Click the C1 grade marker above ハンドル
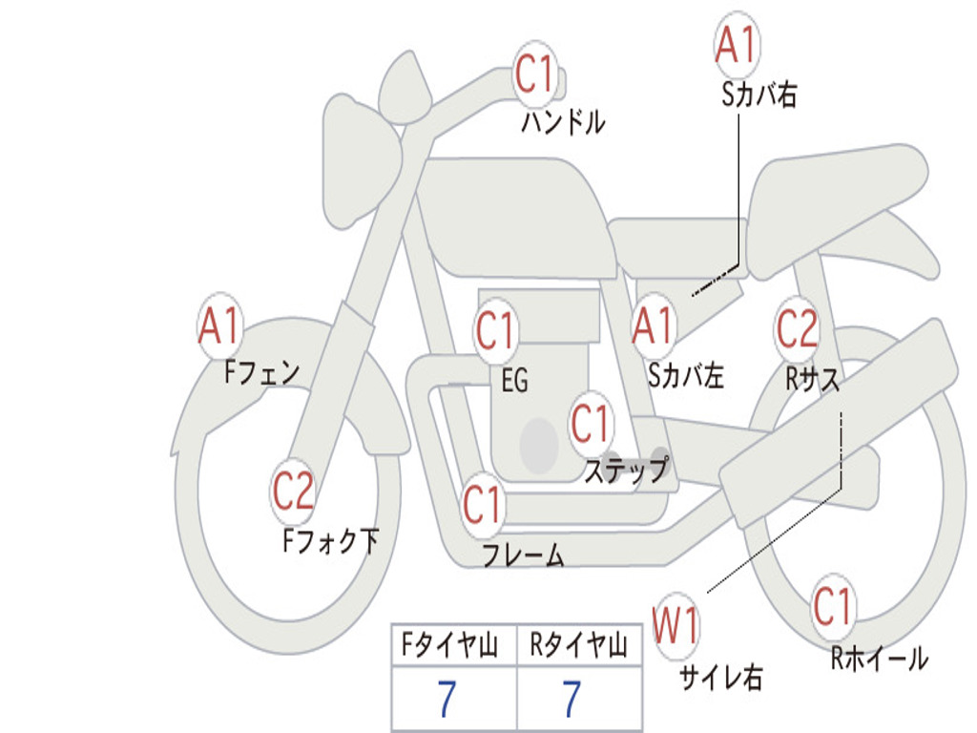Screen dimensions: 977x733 point(534,73)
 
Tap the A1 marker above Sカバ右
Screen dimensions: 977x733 point(737,44)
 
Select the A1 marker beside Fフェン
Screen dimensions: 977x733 point(219,325)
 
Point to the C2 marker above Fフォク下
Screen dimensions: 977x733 point(293,491)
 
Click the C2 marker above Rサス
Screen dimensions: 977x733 point(797,328)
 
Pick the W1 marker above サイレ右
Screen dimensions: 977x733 point(676,625)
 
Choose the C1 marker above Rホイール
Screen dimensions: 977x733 point(833,606)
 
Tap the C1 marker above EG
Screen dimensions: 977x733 point(496,329)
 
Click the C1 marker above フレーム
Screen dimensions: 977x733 point(482,504)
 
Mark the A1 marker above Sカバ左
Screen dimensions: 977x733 point(653,325)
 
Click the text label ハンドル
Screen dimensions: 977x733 point(563,122)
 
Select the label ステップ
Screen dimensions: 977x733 point(627,470)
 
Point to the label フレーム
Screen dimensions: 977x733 point(524,555)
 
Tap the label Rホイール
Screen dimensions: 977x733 point(879,659)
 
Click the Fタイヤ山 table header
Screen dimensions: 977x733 point(449,644)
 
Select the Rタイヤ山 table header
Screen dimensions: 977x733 point(578,644)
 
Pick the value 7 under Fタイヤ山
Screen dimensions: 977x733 point(447,699)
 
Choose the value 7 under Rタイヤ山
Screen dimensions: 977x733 point(572,699)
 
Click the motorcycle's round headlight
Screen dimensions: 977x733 point(362,164)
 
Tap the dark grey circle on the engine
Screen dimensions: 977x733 point(539,446)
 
